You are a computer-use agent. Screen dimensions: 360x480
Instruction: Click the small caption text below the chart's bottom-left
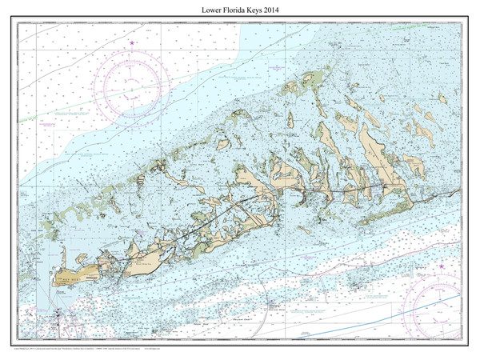tap(120, 349)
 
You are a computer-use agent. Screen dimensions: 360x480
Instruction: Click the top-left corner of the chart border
tap(18, 22)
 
